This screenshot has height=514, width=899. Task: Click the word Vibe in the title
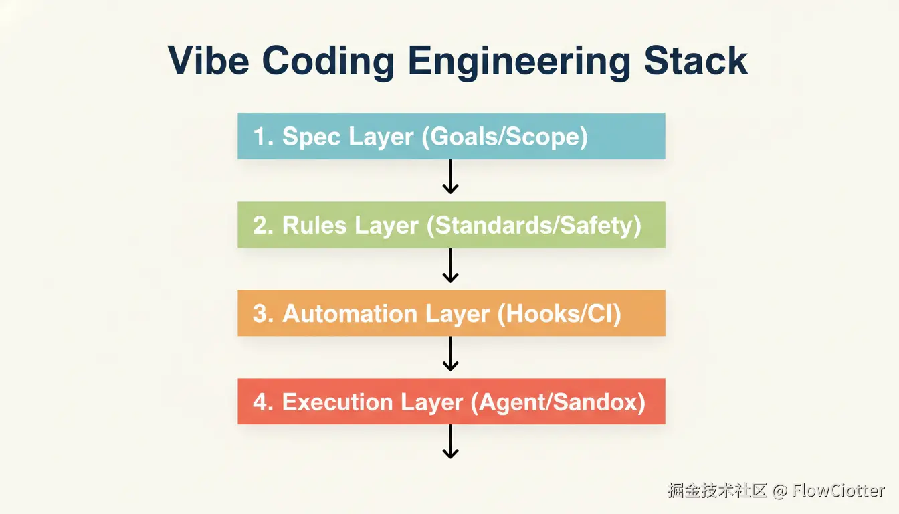tap(209, 60)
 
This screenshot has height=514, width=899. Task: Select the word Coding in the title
tap(328, 63)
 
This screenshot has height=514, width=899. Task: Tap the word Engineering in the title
tap(519, 63)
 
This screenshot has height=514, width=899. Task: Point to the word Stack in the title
tap(696, 60)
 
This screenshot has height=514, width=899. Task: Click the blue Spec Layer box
tap(451, 136)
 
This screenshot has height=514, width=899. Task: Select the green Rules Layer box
tap(451, 225)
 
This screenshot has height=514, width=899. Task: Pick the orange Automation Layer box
tap(451, 313)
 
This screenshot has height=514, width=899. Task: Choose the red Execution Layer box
tap(451, 402)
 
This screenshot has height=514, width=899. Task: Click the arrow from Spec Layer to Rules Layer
tap(450, 177)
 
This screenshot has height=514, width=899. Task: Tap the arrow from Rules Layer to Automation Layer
tap(450, 266)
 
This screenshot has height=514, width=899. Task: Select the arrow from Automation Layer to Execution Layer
tap(450, 354)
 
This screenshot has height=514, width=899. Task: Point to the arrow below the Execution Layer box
tap(450, 442)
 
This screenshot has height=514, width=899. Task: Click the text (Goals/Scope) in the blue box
tap(504, 137)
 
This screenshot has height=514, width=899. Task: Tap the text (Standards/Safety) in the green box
tap(534, 226)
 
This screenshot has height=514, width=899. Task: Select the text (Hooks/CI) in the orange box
tap(559, 315)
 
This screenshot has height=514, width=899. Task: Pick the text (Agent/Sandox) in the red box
tap(558, 403)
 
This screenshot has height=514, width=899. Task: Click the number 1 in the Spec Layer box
tap(260, 136)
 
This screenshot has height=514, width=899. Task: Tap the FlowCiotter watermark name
tap(838, 491)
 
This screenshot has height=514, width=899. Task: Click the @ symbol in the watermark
tap(780, 491)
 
